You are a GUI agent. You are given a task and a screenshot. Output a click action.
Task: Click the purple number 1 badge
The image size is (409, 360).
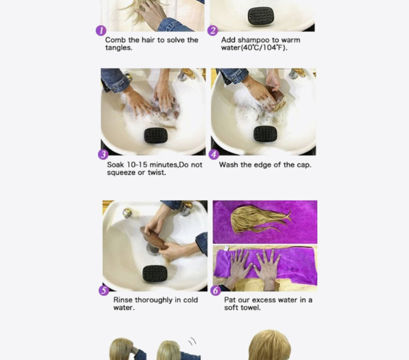[101, 31]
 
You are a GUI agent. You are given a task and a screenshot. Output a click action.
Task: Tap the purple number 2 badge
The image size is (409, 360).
[213, 31]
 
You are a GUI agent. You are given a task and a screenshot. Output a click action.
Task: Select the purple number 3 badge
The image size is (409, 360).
[103, 154]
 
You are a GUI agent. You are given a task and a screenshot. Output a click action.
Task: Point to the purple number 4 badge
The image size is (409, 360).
[214, 154]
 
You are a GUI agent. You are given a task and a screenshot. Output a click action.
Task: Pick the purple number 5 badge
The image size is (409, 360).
[104, 290]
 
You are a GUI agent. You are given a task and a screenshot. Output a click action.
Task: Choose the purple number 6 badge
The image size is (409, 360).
[216, 290]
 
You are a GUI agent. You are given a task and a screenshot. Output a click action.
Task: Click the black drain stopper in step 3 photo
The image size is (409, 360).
[156, 135]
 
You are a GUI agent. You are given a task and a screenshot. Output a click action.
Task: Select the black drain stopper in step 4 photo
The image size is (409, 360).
[265, 134]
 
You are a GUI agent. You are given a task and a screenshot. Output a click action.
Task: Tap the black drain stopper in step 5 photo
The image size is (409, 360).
[155, 273]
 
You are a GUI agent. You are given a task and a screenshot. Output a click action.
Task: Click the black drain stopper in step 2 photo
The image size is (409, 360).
[261, 16]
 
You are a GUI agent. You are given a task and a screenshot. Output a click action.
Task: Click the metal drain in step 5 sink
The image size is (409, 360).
[153, 249]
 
